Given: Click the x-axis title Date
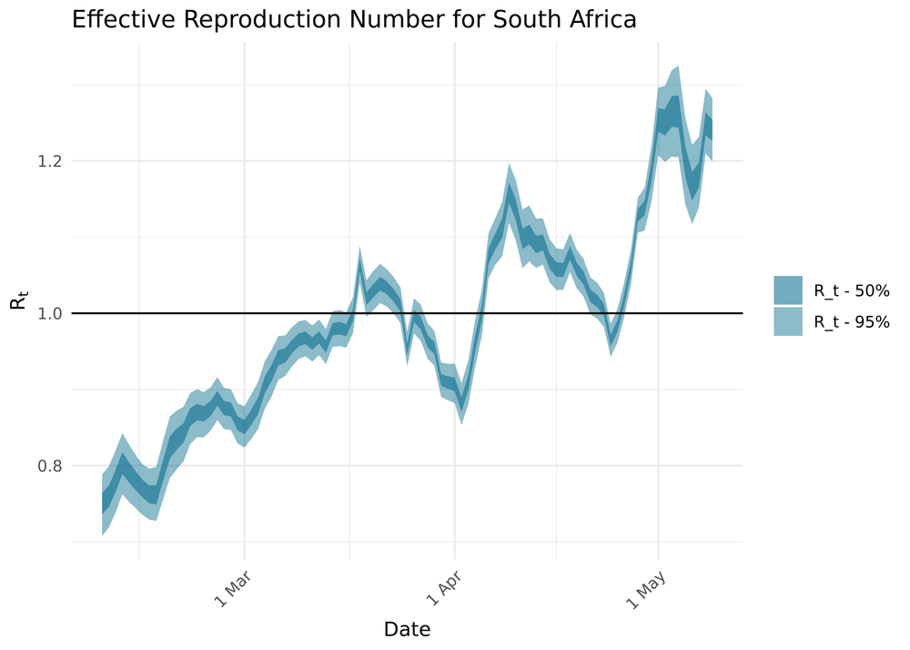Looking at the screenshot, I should pyautogui.click(x=407, y=629).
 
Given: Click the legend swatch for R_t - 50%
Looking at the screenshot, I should pyautogui.click(x=788, y=290).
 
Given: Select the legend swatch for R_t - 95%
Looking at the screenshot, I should pyautogui.click(x=788, y=320).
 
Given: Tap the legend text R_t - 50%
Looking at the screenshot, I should pyautogui.click(x=852, y=291).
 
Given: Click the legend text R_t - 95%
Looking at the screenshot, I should pyautogui.click(x=852, y=321).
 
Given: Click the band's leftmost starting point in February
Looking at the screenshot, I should pyautogui.click(x=103, y=502).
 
